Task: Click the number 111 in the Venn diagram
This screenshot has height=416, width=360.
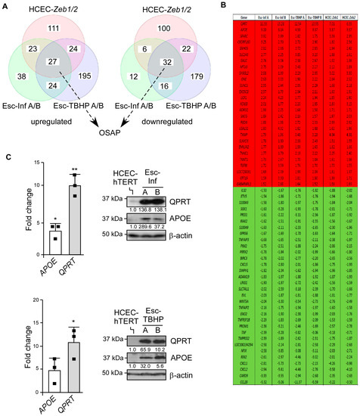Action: point(54,29)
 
